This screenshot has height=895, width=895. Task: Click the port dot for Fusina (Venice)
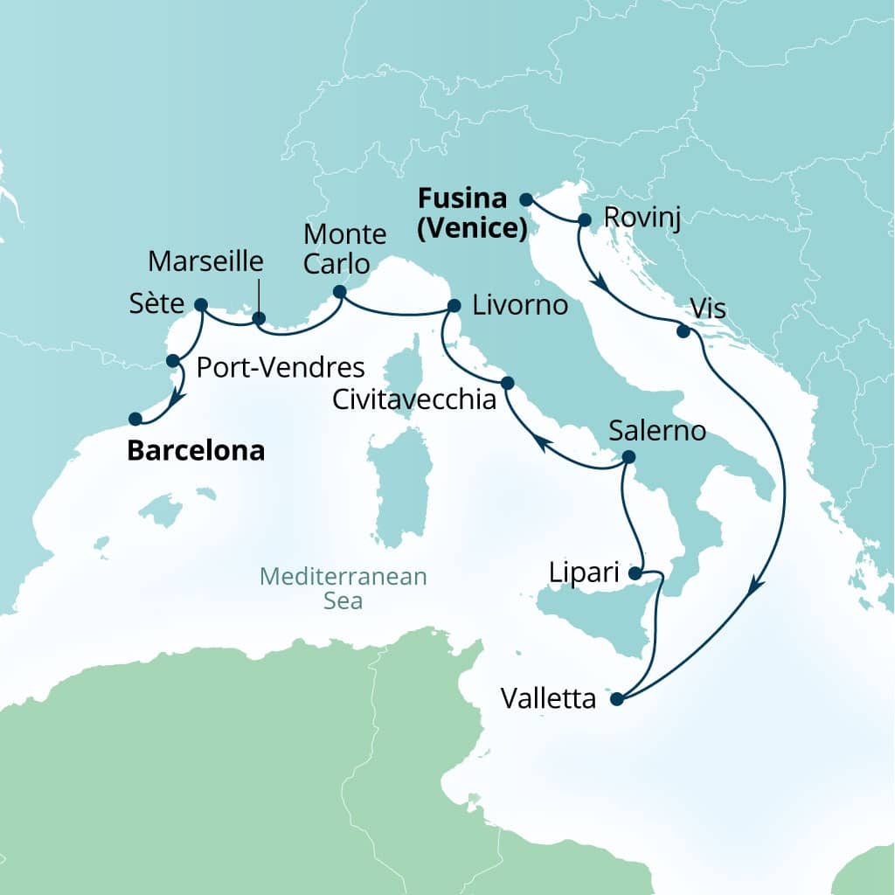(x=526, y=199)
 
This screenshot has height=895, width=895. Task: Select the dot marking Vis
(x=683, y=331)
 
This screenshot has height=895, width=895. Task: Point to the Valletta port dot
(x=617, y=698)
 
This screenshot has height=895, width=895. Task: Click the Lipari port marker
(x=635, y=574)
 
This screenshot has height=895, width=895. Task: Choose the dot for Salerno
(x=627, y=457)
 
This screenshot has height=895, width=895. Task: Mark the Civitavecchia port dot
(x=507, y=383)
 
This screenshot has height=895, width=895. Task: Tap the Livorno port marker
(x=454, y=306)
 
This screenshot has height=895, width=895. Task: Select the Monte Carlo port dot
(x=340, y=292)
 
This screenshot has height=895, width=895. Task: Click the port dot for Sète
(x=200, y=305)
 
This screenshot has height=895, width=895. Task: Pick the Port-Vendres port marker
(x=173, y=360)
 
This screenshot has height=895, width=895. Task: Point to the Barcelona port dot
(x=135, y=419)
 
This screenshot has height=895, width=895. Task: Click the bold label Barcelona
(x=196, y=451)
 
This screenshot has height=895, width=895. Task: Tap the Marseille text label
(x=206, y=260)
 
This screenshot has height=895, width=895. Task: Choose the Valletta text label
(x=548, y=699)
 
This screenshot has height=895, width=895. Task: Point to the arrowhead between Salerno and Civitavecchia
(x=542, y=444)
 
